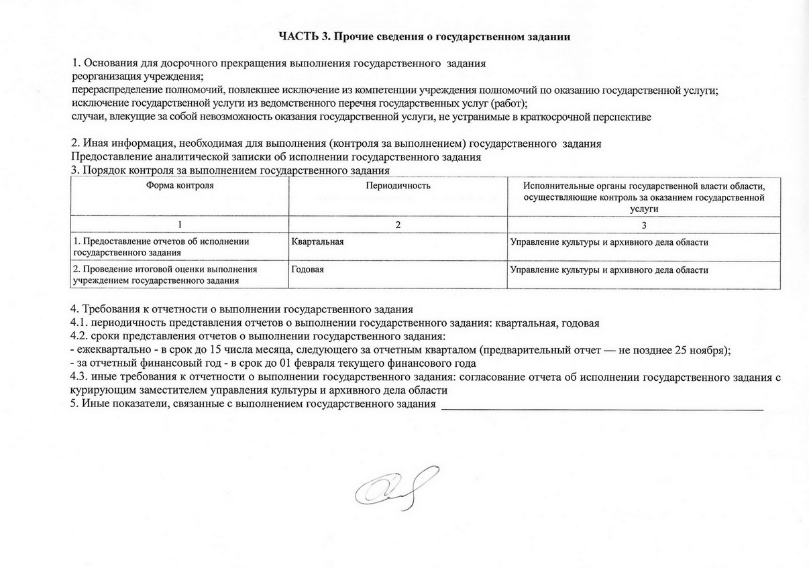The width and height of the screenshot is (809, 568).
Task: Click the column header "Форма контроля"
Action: coord(180,185)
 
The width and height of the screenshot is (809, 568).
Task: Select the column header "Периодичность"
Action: coord(398,185)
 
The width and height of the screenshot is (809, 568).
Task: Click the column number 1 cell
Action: coord(180,225)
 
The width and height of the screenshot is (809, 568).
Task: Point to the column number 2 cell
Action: coord(398,225)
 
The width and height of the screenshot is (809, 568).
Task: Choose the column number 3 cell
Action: coord(644,225)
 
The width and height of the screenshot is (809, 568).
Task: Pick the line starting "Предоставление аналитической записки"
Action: coord(276,157)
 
